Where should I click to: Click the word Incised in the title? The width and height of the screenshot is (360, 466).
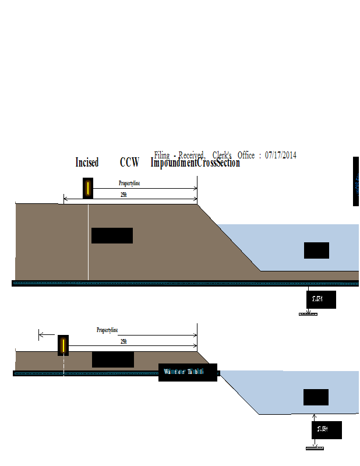87,163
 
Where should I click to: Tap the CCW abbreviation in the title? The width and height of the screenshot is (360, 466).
129,163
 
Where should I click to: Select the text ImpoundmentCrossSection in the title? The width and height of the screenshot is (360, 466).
195,163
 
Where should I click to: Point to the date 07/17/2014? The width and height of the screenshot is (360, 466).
280,155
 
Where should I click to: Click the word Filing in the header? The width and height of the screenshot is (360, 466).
163,155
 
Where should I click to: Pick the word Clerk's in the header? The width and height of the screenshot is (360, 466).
222,155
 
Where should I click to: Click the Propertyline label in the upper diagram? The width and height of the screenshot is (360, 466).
129,183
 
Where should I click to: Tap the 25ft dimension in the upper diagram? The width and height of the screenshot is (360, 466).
123,195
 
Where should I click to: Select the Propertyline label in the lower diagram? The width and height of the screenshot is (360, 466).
107,330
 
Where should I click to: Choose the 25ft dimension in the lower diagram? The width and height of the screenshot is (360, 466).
123,341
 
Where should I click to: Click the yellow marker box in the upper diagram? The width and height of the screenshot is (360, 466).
88,188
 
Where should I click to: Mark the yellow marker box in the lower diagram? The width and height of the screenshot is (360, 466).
63,345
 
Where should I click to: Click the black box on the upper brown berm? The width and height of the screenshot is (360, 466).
112,235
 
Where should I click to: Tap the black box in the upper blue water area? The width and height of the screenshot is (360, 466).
316,250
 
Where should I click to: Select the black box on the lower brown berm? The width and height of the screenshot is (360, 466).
113,359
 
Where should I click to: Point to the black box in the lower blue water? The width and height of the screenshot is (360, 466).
316,397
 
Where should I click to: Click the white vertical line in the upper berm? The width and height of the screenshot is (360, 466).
88,242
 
